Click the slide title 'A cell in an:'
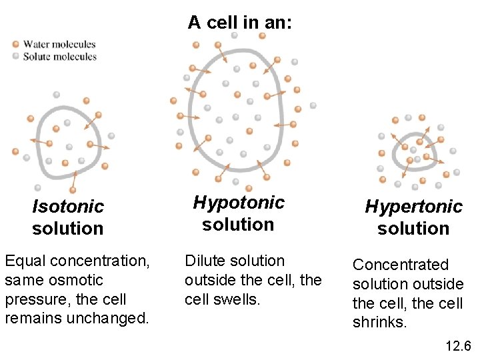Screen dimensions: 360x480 tap(239, 22)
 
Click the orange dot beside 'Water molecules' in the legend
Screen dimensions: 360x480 tap(15, 45)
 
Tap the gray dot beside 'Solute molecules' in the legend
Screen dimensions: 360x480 tap(15, 56)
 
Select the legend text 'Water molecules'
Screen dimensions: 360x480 tap(59, 45)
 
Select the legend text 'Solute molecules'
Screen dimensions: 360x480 tap(60, 57)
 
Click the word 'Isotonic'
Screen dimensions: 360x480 tap(68, 207)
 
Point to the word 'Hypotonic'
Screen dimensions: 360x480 tap(239, 202)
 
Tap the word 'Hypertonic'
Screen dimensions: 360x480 tap(413, 207)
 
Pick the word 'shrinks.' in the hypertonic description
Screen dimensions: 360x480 tap(379, 323)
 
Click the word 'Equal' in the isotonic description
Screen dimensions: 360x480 tap(22, 261)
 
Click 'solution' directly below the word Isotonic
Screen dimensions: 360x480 tap(68, 229)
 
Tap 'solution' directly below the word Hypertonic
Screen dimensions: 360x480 tap(413, 229)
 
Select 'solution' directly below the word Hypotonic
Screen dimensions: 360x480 tap(238, 224)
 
